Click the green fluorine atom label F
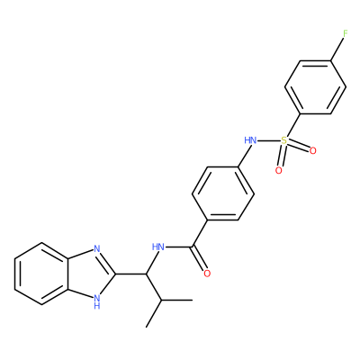[x=346, y=33]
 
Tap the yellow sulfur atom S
[x=283, y=140]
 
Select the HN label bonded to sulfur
[x=250, y=140]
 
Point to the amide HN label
[x=158, y=247]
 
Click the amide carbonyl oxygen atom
[x=207, y=274]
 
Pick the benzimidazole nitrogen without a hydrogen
[x=96, y=248]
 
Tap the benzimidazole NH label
[x=96, y=301]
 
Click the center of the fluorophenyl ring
[x=315, y=87]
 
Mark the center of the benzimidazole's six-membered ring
[x=41, y=274]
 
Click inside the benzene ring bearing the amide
[x=223, y=193]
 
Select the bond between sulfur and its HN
[x=269, y=140]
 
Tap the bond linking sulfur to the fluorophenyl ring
[x=292, y=125]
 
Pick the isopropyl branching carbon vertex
[x=162, y=300]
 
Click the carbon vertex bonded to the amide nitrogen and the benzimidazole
[x=147, y=274]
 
